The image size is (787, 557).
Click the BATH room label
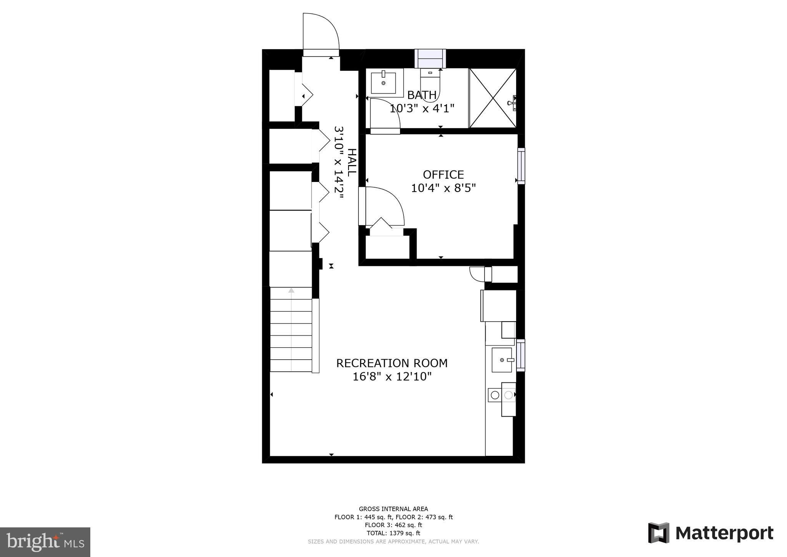(422, 95)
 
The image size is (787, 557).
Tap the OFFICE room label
(443, 175)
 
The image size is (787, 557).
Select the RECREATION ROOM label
(392, 363)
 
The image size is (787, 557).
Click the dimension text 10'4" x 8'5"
(443, 188)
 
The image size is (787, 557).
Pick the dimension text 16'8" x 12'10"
(392, 377)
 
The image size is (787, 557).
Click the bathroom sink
(383, 82)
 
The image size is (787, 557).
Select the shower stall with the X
(493, 98)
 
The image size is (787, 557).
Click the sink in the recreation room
(502, 360)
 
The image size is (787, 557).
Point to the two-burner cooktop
(501, 395)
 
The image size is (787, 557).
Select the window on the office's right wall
(521, 166)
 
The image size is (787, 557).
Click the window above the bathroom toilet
(430, 59)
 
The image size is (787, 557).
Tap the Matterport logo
(711, 533)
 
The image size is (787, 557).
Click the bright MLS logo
(45, 542)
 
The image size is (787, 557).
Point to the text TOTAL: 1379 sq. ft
(393, 533)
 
